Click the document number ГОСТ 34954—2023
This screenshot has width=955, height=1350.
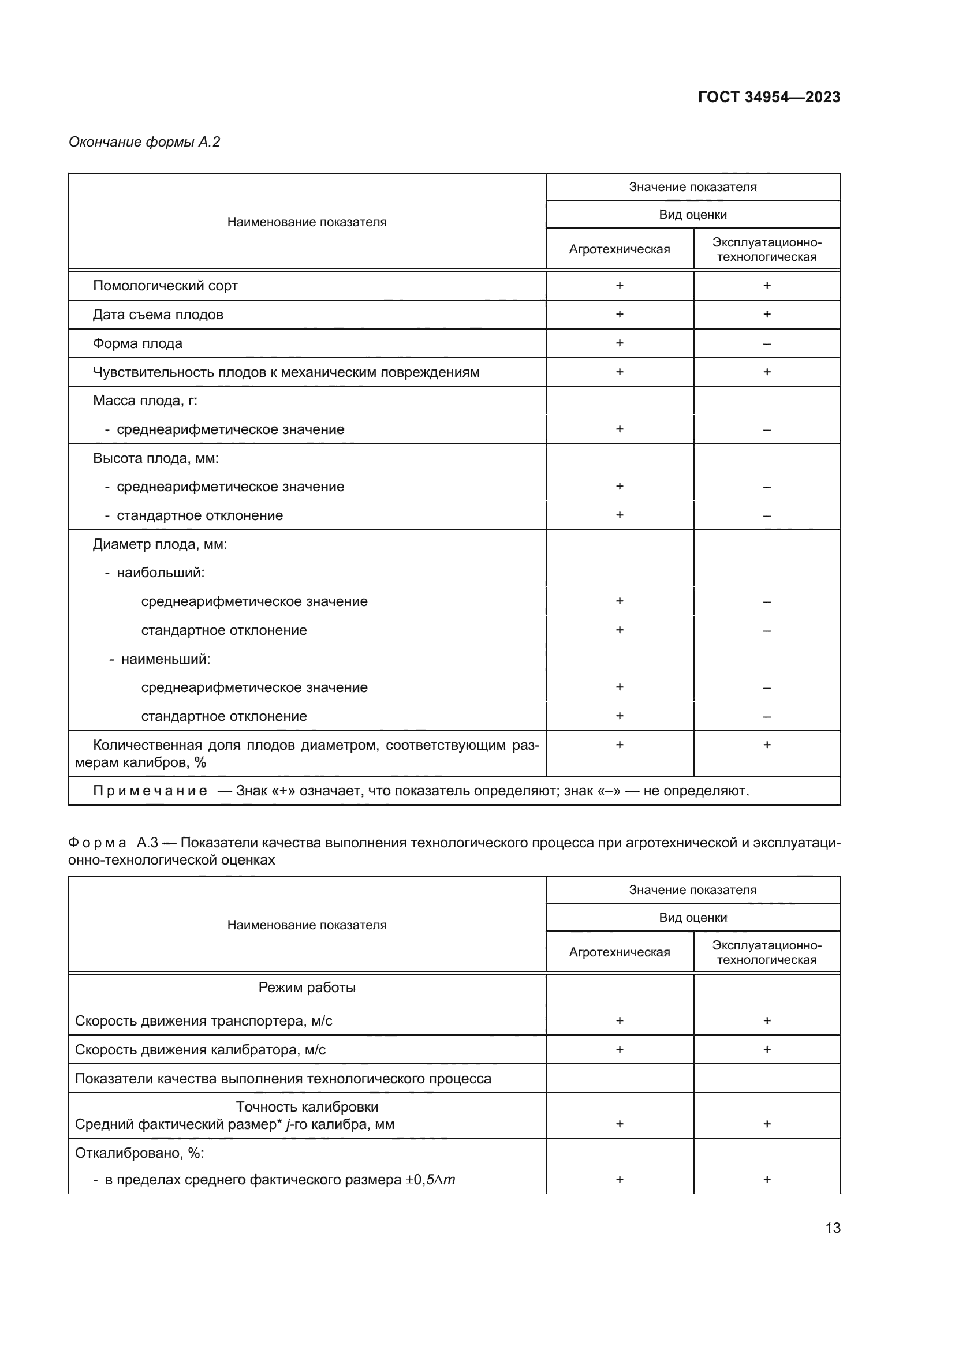[769, 97]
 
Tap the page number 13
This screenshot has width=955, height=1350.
[833, 1228]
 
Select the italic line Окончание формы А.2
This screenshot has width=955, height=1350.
[144, 142]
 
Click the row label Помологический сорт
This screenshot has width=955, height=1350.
[165, 286]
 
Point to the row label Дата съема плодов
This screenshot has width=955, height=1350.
[158, 315]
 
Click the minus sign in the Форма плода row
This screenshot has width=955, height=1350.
[766, 344]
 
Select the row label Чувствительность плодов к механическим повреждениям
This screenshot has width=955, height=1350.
[286, 372]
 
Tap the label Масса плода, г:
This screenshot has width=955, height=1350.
[145, 401]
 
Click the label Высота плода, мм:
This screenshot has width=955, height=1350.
[155, 458]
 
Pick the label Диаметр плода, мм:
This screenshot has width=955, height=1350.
[159, 544]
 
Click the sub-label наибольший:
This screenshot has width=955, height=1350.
[160, 573]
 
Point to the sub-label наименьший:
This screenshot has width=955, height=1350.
[165, 659]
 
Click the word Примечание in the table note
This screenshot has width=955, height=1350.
[150, 791]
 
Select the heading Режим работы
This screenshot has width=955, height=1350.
[307, 987]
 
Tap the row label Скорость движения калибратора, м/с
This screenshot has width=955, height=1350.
[200, 1050]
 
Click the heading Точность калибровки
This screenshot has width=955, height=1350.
[307, 1106]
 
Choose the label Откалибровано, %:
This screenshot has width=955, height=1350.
[139, 1153]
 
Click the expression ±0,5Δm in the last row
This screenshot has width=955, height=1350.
[430, 1180]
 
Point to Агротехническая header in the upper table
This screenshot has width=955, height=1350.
[619, 249]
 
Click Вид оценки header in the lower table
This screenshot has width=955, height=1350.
[693, 917]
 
